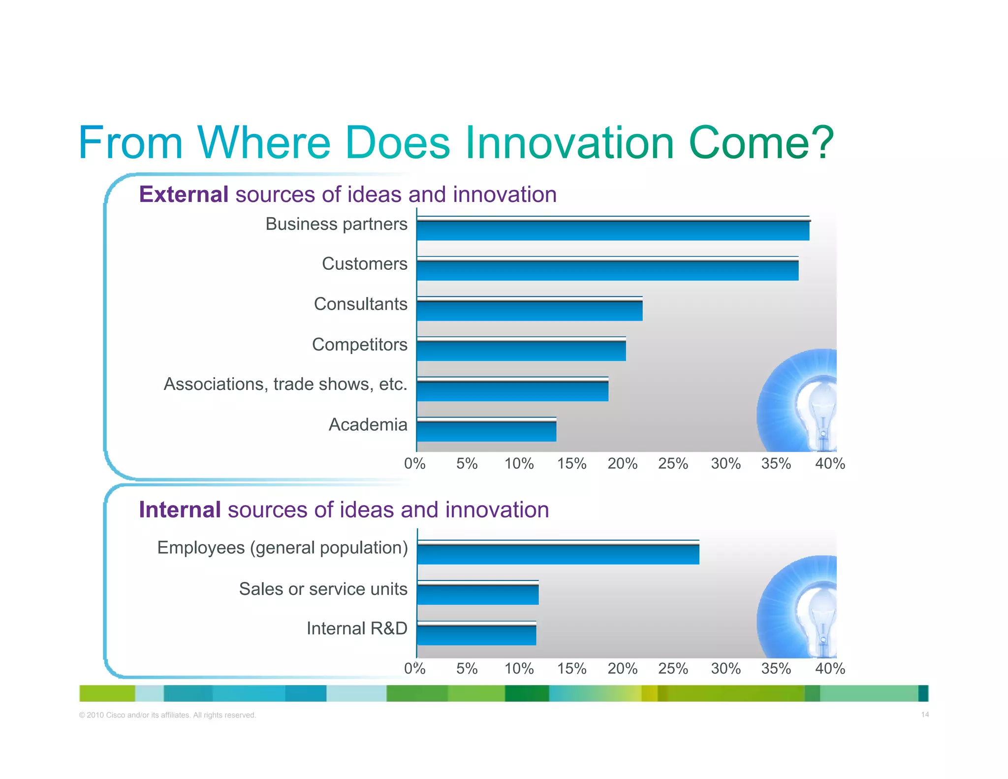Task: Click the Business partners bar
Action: click(613, 229)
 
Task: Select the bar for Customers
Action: click(607, 269)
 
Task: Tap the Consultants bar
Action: click(530, 310)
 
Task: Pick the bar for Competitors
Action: click(521, 350)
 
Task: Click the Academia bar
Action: click(486, 430)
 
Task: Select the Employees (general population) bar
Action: click(558, 553)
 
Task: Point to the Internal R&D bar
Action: click(476, 634)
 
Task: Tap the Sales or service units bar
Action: click(478, 593)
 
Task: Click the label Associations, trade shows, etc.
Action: click(285, 384)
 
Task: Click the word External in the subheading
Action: click(184, 195)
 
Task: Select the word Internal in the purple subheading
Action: click(180, 510)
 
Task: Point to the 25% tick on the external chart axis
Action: click(673, 464)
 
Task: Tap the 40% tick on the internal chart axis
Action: click(830, 669)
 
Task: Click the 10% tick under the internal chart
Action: click(519, 669)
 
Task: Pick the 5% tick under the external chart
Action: click(467, 464)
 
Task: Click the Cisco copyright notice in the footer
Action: click(167, 715)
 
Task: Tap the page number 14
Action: click(925, 714)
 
